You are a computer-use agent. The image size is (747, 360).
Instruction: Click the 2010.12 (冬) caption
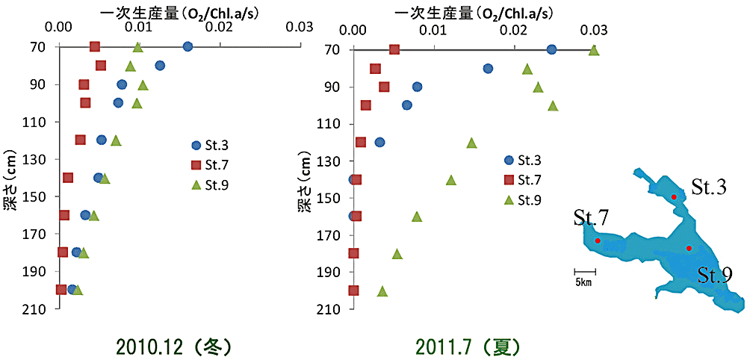point(175,347)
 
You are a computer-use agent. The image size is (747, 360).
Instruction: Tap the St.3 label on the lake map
point(708,187)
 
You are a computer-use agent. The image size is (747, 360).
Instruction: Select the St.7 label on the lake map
point(591,219)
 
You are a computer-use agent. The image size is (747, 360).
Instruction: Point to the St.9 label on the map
point(715,276)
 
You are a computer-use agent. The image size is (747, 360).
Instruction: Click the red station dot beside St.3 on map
point(674,196)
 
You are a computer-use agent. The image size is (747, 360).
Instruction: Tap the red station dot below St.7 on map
point(598,240)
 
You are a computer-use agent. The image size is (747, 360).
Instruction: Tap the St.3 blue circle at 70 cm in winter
point(187,46)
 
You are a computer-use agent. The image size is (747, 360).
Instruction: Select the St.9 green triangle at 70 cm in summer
point(594,50)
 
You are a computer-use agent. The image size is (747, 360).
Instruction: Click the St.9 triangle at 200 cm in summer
point(382,291)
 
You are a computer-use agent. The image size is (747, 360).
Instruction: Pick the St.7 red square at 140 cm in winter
point(68,178)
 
